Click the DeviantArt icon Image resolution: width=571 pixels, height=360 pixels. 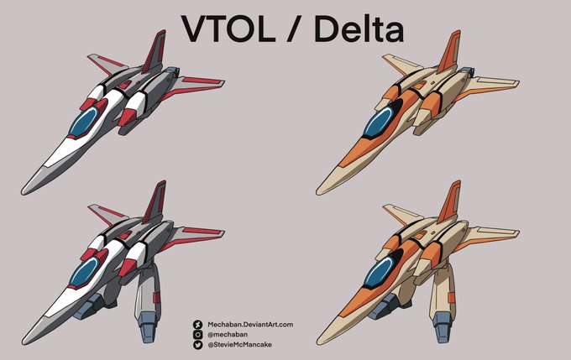pos(198,323)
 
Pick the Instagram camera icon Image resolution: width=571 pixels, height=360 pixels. pos(198,333)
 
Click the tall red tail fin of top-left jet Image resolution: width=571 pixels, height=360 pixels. pos(155,52)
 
